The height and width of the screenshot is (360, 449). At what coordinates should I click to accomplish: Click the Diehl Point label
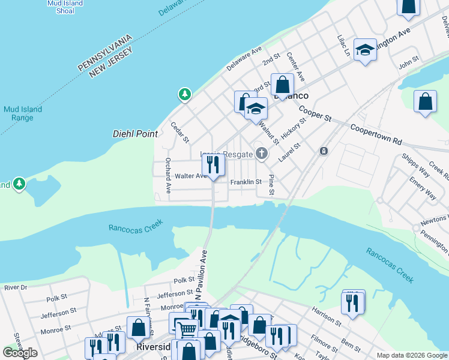pos(135,134)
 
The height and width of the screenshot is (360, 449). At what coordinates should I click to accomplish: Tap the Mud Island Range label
pos(22,113)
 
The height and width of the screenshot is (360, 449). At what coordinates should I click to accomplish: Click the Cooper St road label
pos(315,113)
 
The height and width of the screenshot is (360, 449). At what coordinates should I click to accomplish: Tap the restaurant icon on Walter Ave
pos(213,165)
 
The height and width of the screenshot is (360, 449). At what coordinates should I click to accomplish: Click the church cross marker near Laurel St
pos(261,154)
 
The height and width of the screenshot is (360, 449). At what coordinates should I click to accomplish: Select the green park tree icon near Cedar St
pos(185,94)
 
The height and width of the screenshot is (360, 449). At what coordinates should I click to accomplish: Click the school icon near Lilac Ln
pos(364,50)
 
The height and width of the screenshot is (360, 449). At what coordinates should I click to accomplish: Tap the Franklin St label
pos(246,182)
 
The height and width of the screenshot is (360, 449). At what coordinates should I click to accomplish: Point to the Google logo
pos(20,353)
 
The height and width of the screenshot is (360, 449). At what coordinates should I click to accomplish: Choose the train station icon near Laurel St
pos(324,151)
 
